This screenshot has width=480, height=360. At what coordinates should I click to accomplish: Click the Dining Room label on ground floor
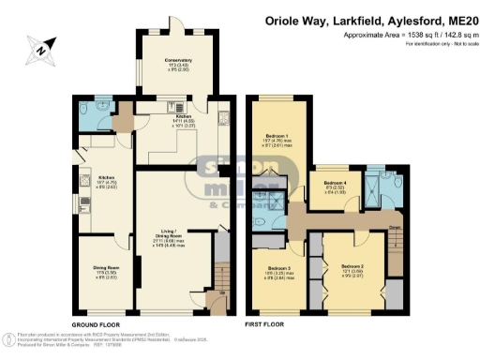[105, 268]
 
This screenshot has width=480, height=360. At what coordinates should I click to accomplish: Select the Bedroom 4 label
[334, 183]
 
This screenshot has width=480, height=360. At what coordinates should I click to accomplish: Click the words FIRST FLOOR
[264, 324]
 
